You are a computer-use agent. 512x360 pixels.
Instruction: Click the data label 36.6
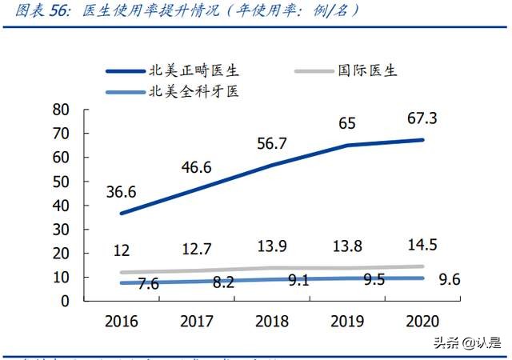pos(121,192)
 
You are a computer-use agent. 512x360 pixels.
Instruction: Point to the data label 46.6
pos(196,166)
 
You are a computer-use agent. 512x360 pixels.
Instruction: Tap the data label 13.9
pos(272,246)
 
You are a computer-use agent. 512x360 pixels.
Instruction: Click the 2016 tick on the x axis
pos(121,321)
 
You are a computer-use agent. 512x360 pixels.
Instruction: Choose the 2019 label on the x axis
pos(347,321)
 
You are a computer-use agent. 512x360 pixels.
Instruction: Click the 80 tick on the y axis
pos(60,110)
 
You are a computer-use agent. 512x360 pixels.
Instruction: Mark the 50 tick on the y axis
pos(60,182)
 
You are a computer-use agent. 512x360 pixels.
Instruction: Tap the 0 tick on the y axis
pos(65,302)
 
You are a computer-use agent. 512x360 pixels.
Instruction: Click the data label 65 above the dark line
pos(347,124)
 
